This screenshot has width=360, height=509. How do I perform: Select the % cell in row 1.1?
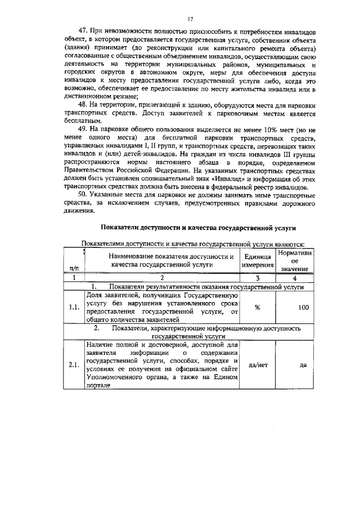click(257, 308)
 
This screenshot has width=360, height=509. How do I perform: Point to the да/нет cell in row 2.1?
click(257, 364)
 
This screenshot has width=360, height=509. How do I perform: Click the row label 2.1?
click(74, 364)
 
